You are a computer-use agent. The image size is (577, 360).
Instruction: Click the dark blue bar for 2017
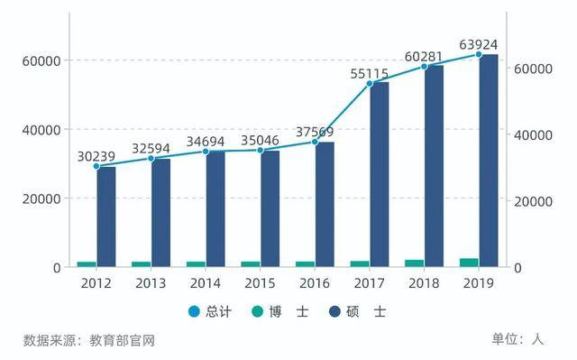(380, 174)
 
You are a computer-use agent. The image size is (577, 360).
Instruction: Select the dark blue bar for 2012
(106, 217)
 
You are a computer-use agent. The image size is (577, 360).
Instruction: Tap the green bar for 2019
(469, 263)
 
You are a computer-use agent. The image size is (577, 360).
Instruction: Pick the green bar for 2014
(197, 264)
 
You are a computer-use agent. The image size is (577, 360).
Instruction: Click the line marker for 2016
(315, 142)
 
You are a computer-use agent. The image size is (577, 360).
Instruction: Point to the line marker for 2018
(424, 67)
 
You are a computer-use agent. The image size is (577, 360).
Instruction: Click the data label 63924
(479, 44)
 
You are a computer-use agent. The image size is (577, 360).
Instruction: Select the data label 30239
(96, 156)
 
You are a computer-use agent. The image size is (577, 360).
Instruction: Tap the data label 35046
(260, 140)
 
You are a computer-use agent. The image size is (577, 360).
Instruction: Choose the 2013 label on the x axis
(151, 283)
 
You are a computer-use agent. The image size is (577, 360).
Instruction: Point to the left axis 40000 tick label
(41, 130)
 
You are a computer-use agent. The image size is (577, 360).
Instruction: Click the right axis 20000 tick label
(533, 201)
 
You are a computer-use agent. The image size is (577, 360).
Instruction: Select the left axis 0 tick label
(57, 268)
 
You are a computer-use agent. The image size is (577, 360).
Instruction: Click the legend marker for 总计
(194, 311)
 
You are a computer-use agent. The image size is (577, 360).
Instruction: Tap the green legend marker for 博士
(258, 311)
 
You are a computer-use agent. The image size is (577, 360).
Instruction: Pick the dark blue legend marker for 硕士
(334, 311)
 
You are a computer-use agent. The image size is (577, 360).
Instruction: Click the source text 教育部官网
(122, 340)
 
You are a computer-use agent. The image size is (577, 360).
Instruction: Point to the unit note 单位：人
(517, 339)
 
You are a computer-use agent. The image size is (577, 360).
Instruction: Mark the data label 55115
(369, 74)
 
